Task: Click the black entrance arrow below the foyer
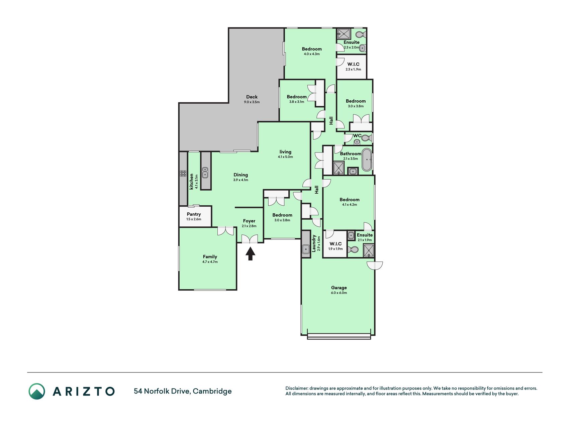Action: (250, 253)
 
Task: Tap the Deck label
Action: (252, 97)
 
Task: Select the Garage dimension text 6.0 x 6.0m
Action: (339, 293)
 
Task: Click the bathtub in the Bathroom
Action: (367, 160)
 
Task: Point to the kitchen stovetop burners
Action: (183, 173)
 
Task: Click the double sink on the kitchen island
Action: (205, 172)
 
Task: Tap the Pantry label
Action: (194, 214)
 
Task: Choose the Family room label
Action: (210, 257)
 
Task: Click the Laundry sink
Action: (306, 249)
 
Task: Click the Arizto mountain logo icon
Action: (37, 391)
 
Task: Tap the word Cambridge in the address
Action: (212, 391)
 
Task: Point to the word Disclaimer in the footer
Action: (296, 388)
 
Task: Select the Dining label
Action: (241, 175)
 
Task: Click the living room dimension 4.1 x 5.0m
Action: (285, 157)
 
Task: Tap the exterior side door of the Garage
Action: (375, 265)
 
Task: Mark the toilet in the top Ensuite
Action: (361, 34)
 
